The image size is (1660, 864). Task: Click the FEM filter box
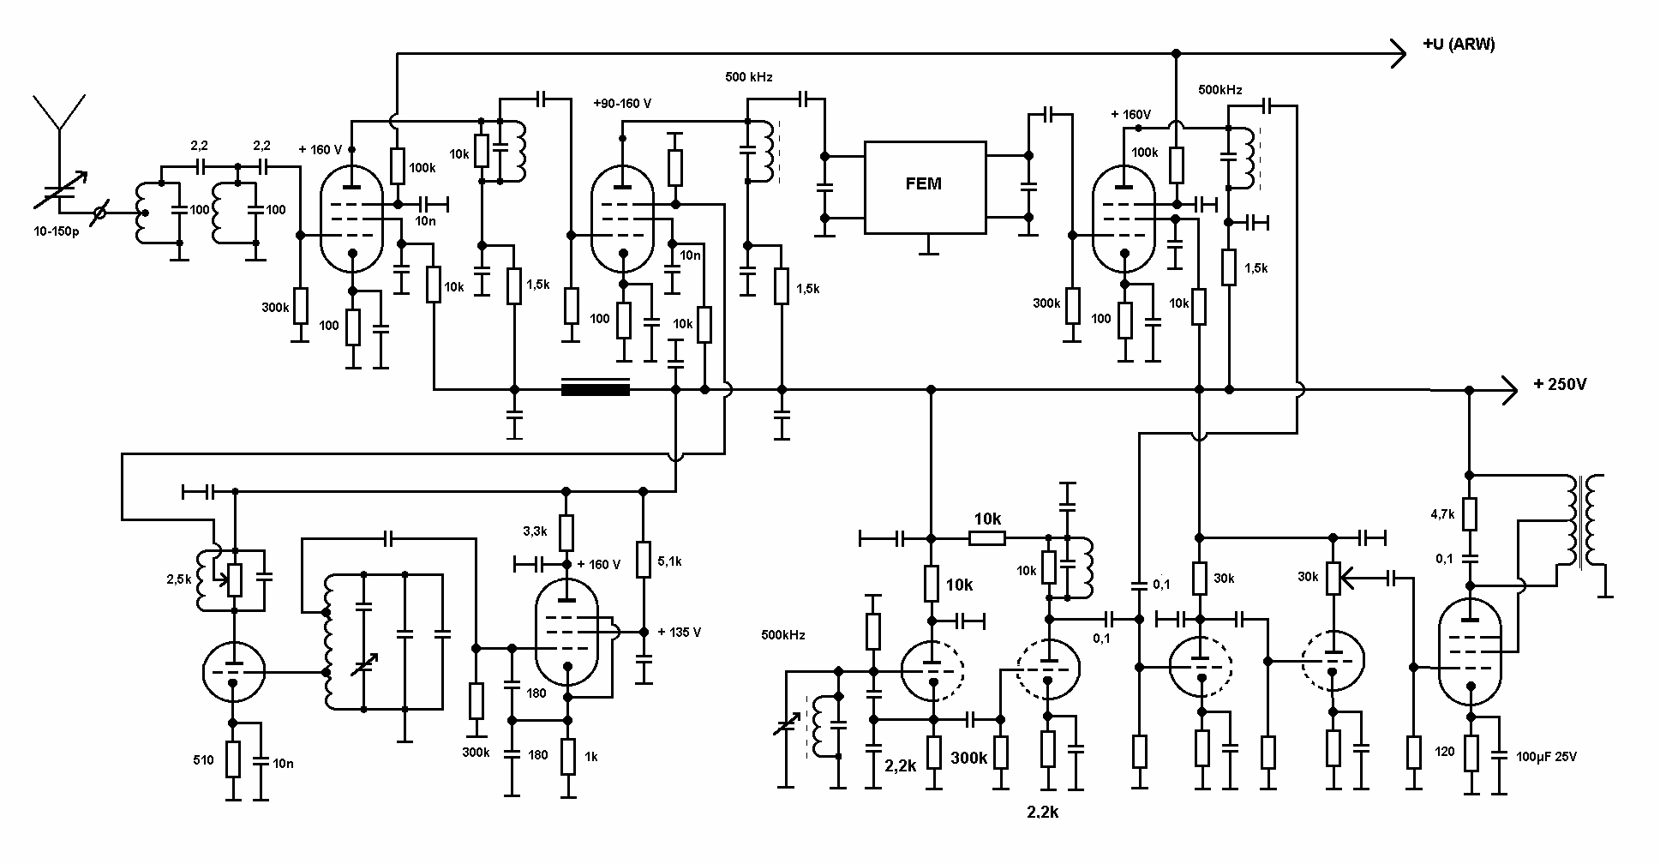pos(924,187)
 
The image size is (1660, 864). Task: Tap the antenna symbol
pos(59,115)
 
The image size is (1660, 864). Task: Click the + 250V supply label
pos(1560,385)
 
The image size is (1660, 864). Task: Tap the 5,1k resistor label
pos(670,561)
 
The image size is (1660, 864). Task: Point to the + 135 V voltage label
pos(680,633)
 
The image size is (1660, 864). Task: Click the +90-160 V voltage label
pos(621,104)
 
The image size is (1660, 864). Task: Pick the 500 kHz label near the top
pos(749,77)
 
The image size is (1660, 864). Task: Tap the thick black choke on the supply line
pos(595,389)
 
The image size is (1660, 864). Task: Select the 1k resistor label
pos(591,757)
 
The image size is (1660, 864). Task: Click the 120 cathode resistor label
pos(1445,752)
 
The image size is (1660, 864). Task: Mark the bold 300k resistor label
pos(969,759)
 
